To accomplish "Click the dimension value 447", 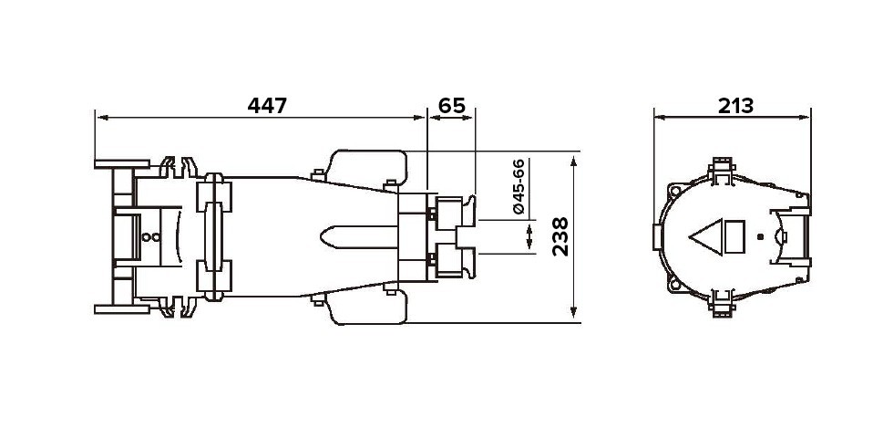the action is coord(267,105).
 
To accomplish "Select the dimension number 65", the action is coord(451,105).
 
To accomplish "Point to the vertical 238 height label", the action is coord(560,236).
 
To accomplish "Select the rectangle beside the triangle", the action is coord(734,237).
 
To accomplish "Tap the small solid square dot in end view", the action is coord(761,237).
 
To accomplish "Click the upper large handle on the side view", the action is coord(368,166).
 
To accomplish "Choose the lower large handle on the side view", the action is coord(368,308).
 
